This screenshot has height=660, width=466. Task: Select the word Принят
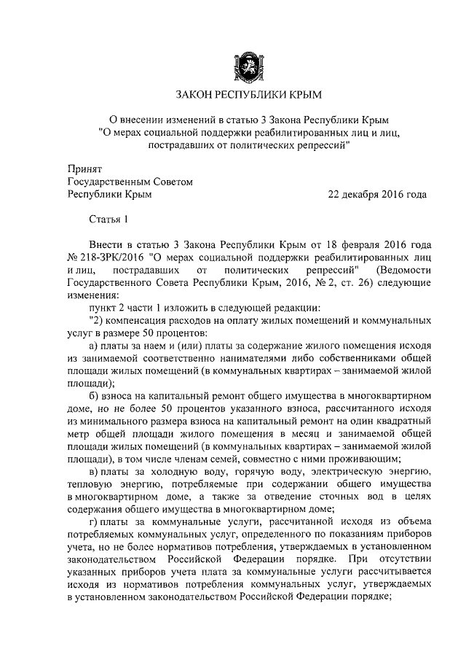[x=84, y=168]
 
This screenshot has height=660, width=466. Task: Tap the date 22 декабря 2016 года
[x=377, y=194]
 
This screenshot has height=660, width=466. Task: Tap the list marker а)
[x=94, y=346]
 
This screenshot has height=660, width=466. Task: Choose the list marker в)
[x=94, y=475]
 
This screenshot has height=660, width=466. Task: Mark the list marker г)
[x=93, y=527]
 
